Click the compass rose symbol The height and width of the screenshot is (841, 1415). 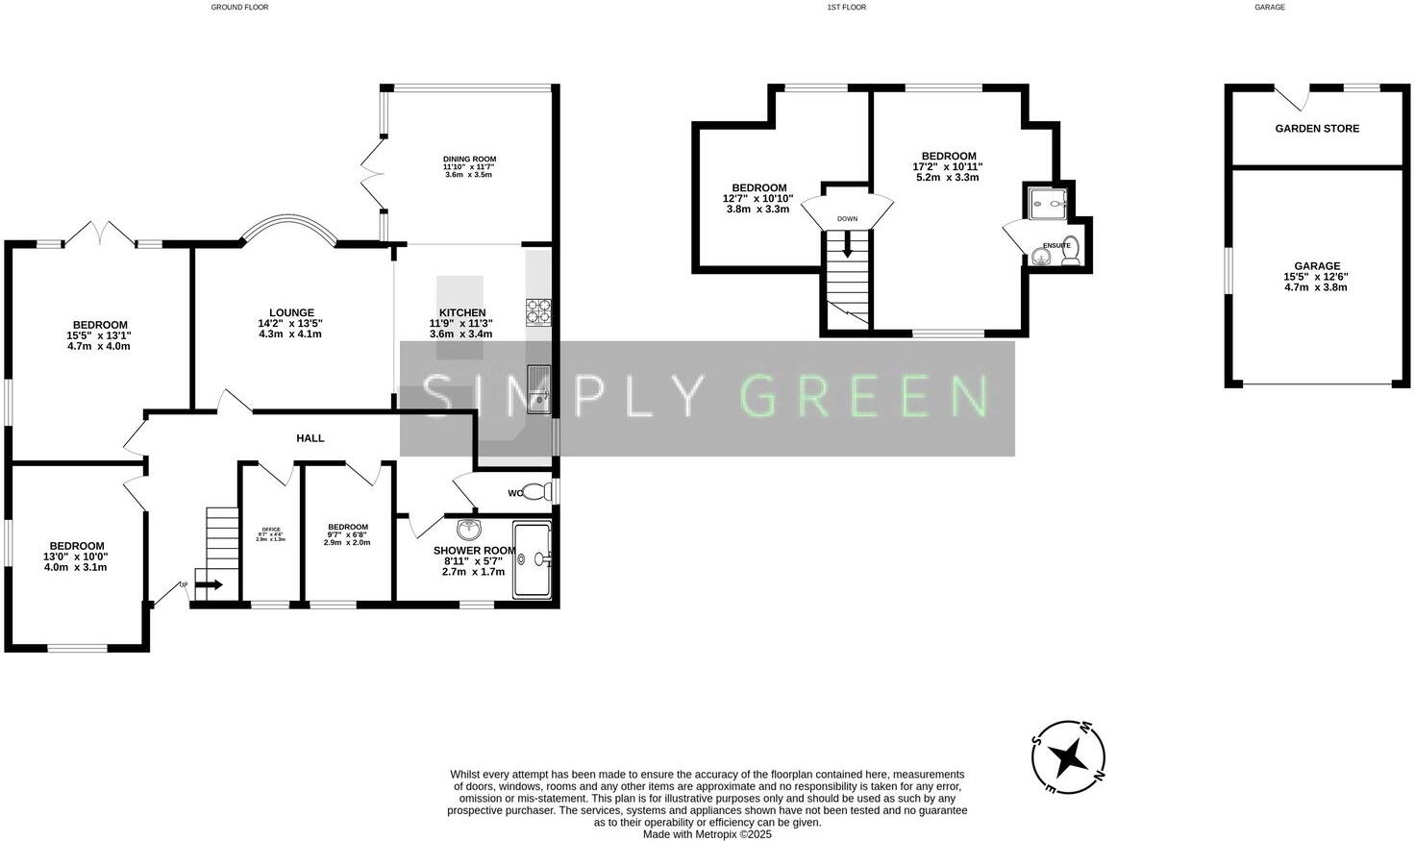tap(1068, 757)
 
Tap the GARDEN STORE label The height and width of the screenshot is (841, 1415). tap(1317, 129)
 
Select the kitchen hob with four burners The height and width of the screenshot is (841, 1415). tap(538, 311)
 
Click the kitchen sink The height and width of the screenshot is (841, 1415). tap(538, 389)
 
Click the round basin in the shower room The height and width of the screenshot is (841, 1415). tap(470, 530)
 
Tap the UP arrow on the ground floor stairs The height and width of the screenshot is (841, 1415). tap(209, 584)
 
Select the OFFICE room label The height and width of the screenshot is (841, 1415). tap(270, 530)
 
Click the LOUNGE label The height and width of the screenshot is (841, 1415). tap(291, 312)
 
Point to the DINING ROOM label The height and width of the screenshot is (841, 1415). tap(469, 160)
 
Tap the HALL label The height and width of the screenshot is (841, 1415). tap(310, 438)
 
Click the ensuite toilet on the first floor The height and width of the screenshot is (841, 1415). tap(1071, 250)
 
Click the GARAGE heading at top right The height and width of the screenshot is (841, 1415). tap(1269, 7)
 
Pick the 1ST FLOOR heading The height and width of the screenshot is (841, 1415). tap(846, 7)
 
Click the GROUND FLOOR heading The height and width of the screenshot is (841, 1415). tap(239, 7)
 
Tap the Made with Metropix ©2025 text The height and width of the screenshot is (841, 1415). tap(707, 834)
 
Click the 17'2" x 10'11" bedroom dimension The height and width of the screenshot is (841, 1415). tap(948, 166)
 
